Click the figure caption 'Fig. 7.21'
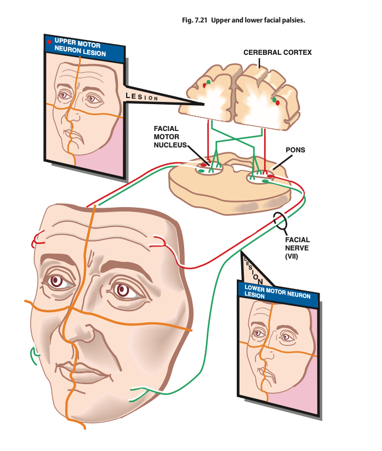click(x=195, y=20)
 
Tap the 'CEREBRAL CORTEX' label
click(x=277, y=53)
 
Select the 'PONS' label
click(x=295, y=150)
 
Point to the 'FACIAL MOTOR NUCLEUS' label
click(x=170, y=136)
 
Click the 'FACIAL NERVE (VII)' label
click(x=298, y=248)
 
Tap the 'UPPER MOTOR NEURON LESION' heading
click(x=80, y=48)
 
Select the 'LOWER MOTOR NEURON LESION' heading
click(x=277, y=292)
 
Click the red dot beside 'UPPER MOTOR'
click(x=49, y=42)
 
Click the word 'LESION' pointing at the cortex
click(x=142, y=96)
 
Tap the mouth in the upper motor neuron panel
click(x=76, y=136)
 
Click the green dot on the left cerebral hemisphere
click(x=208, y=82)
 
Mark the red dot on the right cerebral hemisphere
click(x=277, y=102)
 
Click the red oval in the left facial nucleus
click(x=203, y=165)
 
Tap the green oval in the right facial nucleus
click(x=265, y=181)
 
